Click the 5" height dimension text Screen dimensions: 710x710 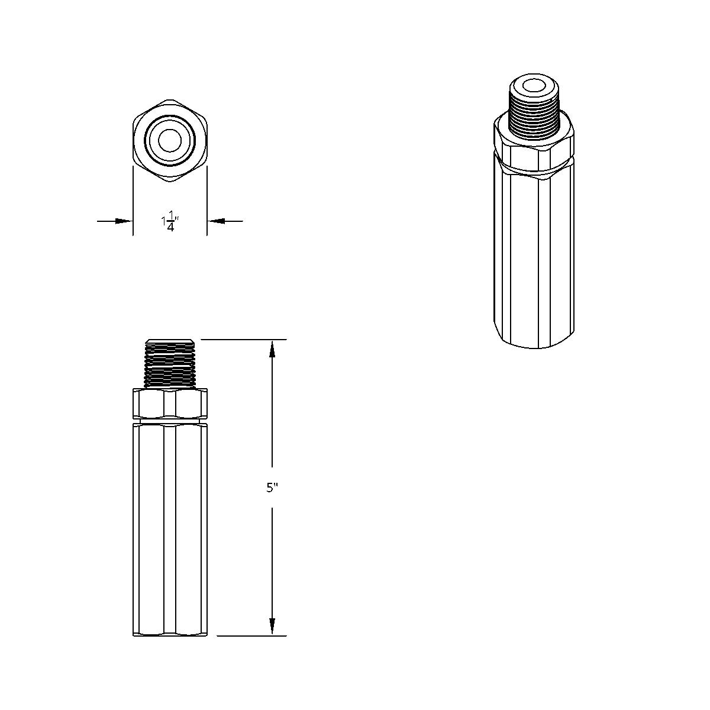point(272,488)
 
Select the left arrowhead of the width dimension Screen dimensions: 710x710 point(124,221)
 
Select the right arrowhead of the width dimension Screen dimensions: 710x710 point(216,221)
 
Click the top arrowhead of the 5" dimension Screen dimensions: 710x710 point(272,349)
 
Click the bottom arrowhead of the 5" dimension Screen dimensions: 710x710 point(272,626)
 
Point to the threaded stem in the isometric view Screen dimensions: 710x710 point(534,112)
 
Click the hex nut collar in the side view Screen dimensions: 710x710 point(170,404)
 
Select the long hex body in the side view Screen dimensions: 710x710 point(170,527)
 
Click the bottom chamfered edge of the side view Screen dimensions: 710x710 point(170,634)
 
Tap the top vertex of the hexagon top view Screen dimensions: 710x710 point(170,100)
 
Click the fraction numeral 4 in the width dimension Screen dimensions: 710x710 point(170,227)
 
